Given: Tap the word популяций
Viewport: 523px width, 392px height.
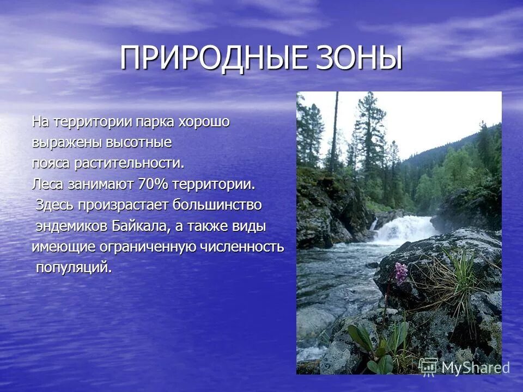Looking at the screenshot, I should pyautogui.click(x=74, y=268).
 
